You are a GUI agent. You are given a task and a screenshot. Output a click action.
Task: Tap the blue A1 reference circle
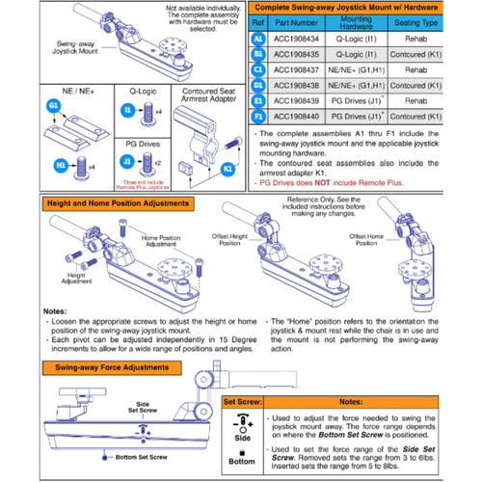257,39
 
